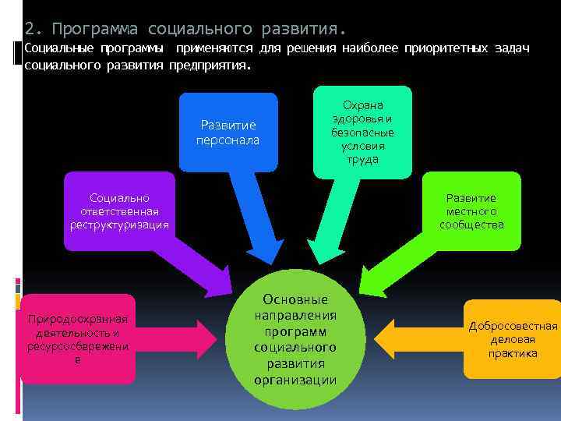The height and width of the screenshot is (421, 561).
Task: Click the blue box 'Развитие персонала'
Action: [x=228, y=132]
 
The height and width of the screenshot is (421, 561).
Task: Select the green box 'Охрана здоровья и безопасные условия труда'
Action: [x=362, y=132]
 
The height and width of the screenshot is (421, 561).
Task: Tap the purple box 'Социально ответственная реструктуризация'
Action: [x=119, y=211]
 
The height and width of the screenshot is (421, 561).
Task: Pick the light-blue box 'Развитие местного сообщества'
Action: [x=471, y=211]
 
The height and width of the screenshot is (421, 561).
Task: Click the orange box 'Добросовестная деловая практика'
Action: [x=513, y=339]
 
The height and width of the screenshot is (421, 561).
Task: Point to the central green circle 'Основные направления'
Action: [x=295, y=339]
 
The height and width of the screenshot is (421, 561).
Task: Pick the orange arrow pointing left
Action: [x=413, y=339]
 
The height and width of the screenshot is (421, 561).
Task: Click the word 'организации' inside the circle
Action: [x=295, y=380]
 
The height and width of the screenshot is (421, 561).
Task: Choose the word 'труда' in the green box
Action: [x=362, y=159]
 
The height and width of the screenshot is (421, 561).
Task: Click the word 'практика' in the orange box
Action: [x=513, y=353]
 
